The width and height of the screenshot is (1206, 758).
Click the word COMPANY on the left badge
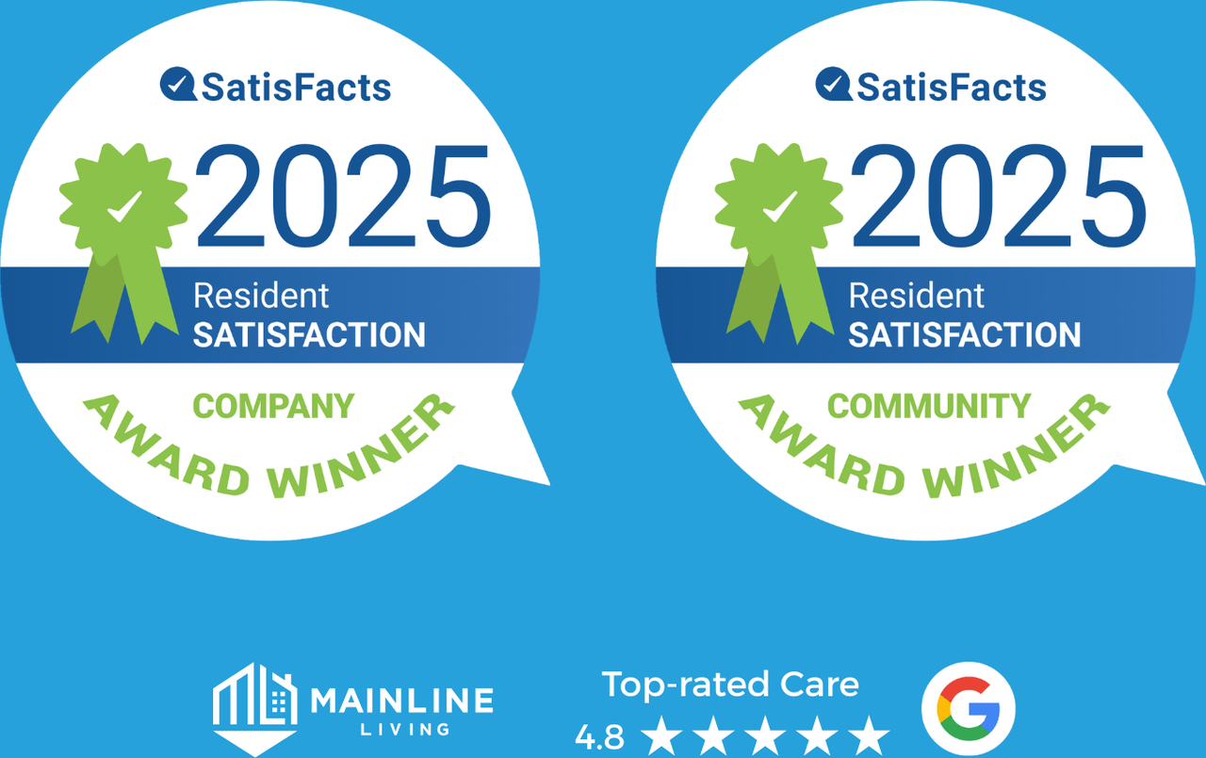coord(273,406)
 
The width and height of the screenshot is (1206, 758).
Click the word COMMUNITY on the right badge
coord(929,406)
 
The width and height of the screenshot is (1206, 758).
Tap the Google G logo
coord(968,708)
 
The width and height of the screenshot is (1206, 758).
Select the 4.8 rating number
coord(599,737)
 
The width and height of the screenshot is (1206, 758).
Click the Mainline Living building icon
coord(254,708)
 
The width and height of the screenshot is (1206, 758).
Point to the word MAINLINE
coord(401,700)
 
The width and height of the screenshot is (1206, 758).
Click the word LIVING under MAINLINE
coord(405,730)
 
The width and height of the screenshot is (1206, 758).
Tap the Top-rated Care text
coord(730,685)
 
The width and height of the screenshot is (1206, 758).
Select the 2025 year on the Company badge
coord(343,196)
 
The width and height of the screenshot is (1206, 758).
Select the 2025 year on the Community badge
coord(998,196)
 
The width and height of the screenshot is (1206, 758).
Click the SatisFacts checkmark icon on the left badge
coord(178,84)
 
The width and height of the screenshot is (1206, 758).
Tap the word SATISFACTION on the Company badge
coord(309,334)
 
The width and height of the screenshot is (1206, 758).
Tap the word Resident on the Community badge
coord(917,296)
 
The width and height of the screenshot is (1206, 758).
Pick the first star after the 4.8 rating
coord(661,735)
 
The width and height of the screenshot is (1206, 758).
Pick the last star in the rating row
coord(869,735)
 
